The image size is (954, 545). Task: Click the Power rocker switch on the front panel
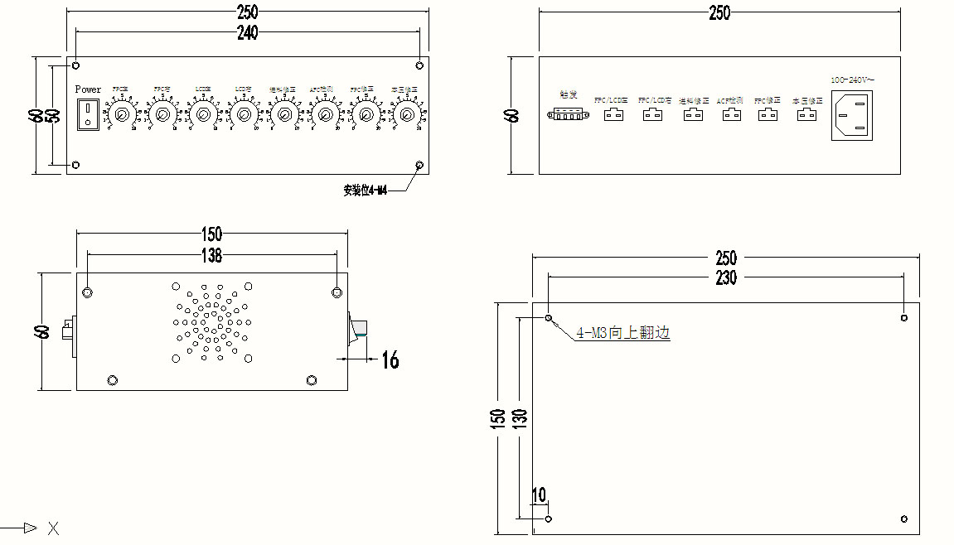87,114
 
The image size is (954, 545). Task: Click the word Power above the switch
88,89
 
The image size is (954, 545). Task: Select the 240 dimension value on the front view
247,32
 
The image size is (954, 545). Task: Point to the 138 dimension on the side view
212,256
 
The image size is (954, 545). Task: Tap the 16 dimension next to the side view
390,359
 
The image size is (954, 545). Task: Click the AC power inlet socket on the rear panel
853,115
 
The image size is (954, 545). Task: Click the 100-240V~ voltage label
853,80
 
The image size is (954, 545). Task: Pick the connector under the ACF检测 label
730,115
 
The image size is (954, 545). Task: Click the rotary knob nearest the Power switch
121,113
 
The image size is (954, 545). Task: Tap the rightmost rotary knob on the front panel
405,113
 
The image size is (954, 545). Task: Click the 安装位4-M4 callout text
366,191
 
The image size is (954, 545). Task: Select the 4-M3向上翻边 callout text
623,333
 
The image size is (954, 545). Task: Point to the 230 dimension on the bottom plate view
726,278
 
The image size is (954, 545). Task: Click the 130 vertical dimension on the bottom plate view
520,417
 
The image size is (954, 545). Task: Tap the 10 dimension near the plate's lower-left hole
539,495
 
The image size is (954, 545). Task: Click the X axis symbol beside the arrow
53,528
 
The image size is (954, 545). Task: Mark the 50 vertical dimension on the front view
53,115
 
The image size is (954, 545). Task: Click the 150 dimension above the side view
212,235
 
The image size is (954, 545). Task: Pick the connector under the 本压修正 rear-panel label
806,115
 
